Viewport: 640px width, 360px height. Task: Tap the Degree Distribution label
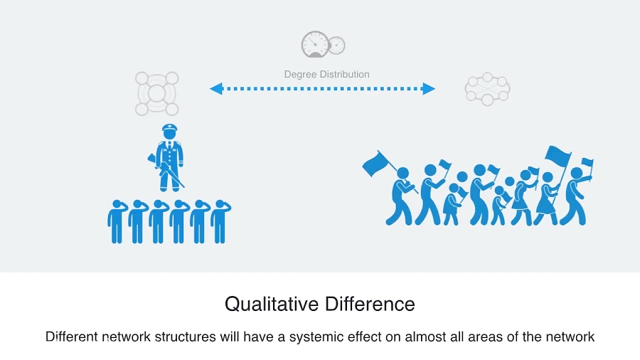tap(326, 74)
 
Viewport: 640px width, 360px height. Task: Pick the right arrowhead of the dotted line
tap(429, 88)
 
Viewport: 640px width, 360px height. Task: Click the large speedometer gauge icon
tap(314, 44)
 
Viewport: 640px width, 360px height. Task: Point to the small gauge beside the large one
tap(336, 45)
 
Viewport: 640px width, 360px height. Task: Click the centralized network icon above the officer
tap(156, 92)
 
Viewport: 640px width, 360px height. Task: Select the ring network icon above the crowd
tap(487, 89)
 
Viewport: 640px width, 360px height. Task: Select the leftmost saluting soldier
tap(117, 221)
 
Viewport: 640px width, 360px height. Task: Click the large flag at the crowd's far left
tap(375, 164)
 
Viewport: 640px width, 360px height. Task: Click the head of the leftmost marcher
tap(402, 173)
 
